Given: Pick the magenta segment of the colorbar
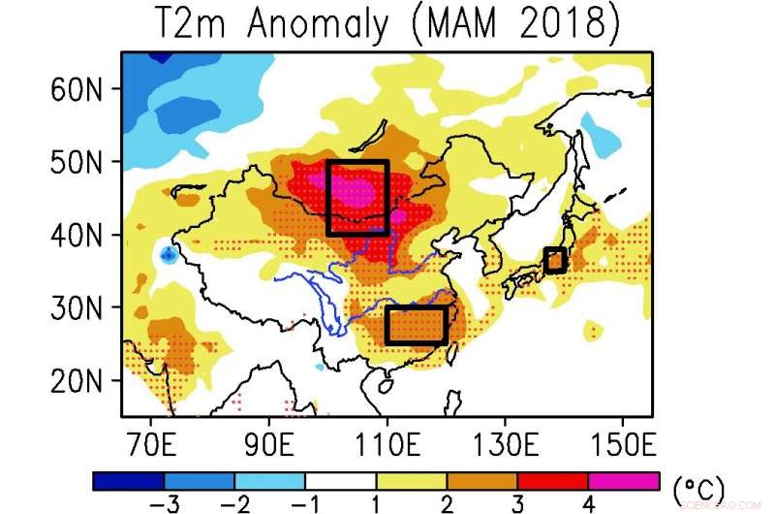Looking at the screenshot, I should (x=623, y=481).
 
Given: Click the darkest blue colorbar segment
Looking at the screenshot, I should (x=129, y=481).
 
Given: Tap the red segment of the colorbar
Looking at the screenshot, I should (x=552, y=481).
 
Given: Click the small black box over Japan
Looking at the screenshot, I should (x=554, y=260).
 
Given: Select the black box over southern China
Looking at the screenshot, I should (x=416, y=325).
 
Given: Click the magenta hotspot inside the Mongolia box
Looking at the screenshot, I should (x=351, y=190).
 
